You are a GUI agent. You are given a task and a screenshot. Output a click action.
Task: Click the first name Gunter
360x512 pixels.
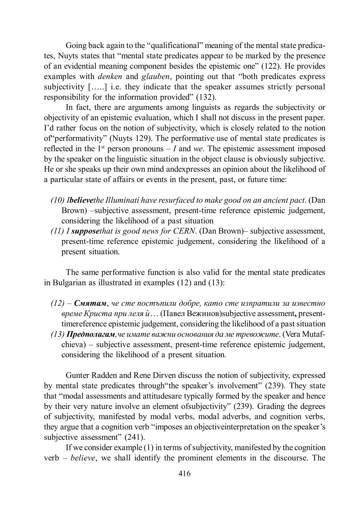pos(77,375)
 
